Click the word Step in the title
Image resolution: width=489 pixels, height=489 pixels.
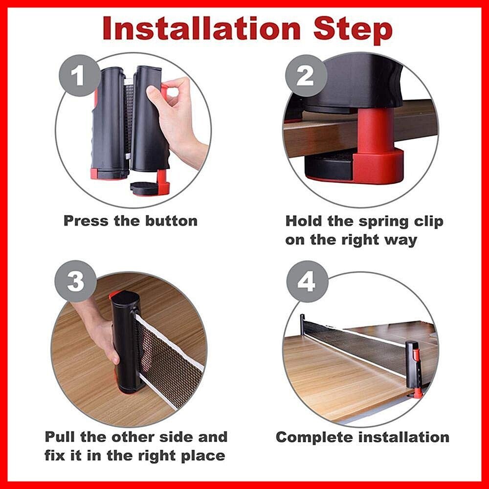click(353, 30)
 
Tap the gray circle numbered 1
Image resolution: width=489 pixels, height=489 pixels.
click(77, 75)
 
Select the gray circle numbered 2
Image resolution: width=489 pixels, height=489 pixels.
click(306, 75)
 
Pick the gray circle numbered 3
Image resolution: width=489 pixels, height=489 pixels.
click(75, 281)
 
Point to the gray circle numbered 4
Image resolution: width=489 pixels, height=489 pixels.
click(307, 281)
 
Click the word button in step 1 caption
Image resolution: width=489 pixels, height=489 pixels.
click(172, 221)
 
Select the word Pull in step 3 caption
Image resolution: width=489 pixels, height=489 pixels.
click(61, 437)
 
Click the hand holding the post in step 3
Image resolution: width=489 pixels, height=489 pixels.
click(97, 331)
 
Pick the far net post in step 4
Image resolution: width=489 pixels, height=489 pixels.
click(302, 323)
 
